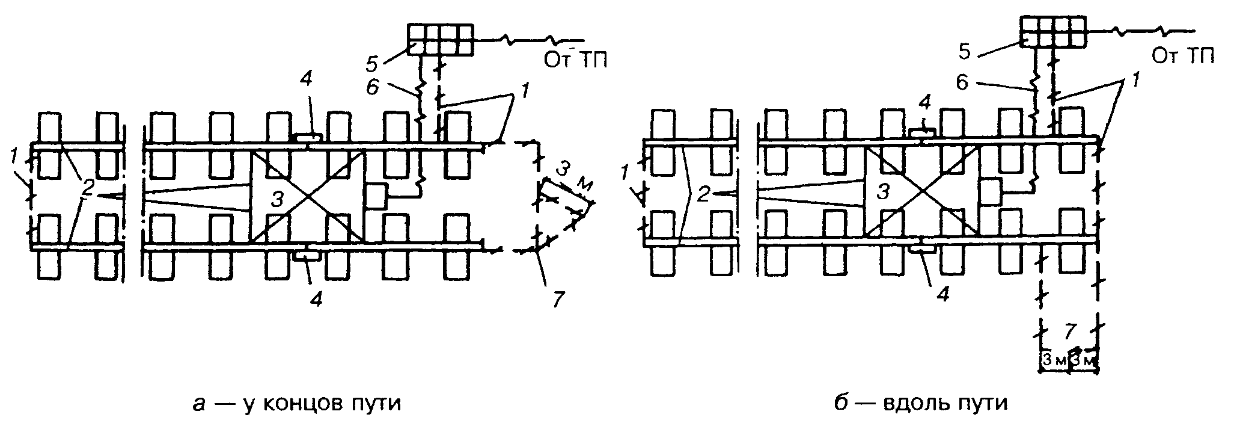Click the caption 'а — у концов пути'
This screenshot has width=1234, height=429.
(296, 403)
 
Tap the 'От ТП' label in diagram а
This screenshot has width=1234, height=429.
(575, 59)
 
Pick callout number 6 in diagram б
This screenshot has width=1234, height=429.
(963, 82)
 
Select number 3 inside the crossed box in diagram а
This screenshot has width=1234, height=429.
(276, 200)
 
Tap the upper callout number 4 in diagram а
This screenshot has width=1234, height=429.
(307, 81)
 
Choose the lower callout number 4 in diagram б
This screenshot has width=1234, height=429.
(944, 295)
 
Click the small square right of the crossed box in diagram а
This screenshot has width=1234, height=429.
(376, 197)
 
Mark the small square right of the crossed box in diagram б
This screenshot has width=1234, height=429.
(989, 190)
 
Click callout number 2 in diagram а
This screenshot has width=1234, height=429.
(88, 188)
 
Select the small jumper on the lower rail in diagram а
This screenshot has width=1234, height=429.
(308, 254)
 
